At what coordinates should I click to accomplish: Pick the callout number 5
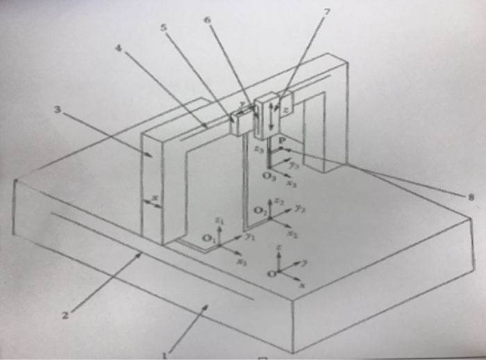(163, 28)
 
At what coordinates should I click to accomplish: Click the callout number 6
(207, 19)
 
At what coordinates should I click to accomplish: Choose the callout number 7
(327, 12)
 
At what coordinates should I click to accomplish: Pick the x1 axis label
(242, 263)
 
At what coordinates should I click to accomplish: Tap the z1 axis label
(219, 220)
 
